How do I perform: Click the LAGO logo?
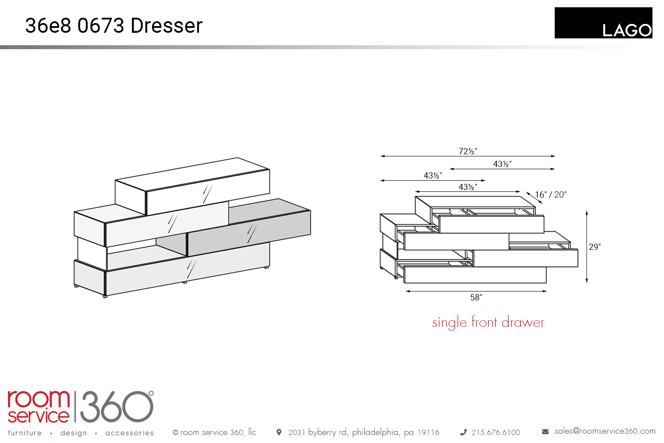coord(603,23)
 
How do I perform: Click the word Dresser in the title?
coord(166,26)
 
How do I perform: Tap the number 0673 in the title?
coord(100,26)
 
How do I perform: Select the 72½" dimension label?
coord(468,151)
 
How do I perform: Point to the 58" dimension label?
coord(476,297)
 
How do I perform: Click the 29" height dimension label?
coord(595,247)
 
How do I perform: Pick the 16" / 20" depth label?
coord(551,194)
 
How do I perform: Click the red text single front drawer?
coord(488,323)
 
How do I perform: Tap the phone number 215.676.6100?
coord(496,432)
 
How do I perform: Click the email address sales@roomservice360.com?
coord(605,431)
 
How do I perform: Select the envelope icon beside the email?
coord(545,432)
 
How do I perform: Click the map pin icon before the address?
coord(278,432)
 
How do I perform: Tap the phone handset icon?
coord(463,432)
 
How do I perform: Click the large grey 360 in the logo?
coord(117,407)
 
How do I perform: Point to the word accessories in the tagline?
coord(130,433)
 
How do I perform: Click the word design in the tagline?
coord(73,433)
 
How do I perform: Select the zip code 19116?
coord(429,432)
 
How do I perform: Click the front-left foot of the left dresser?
coord(105,296)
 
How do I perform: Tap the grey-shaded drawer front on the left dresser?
coord(249,233)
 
